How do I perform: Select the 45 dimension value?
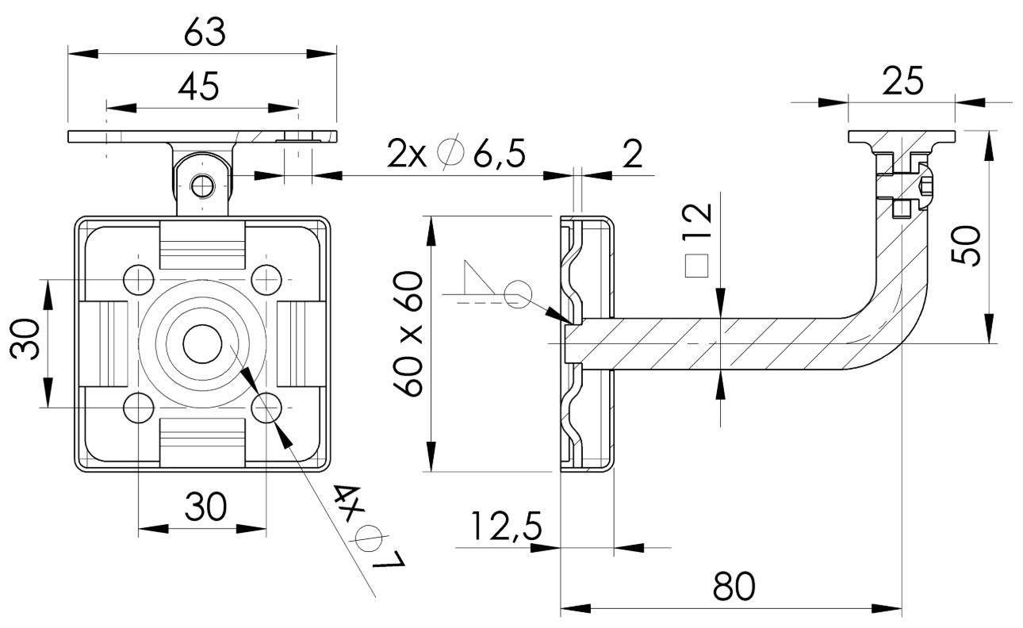tap(198, 86)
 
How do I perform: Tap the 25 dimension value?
tap(902, 81)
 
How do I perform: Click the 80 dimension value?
tap(734, 588)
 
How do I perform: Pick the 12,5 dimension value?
tap(506, 526)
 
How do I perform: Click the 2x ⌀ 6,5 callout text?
tap(457, 153)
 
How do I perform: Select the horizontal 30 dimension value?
tap(205, 506)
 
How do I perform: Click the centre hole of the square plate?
tap(203, 343)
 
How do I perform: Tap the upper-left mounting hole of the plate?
tap(139, 279)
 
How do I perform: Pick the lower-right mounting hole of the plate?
tap(266, 408)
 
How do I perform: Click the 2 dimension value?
tap(632, 155)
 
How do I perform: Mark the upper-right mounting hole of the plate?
tap(266, 279)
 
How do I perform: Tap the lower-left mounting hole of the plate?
tap(139, 408)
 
